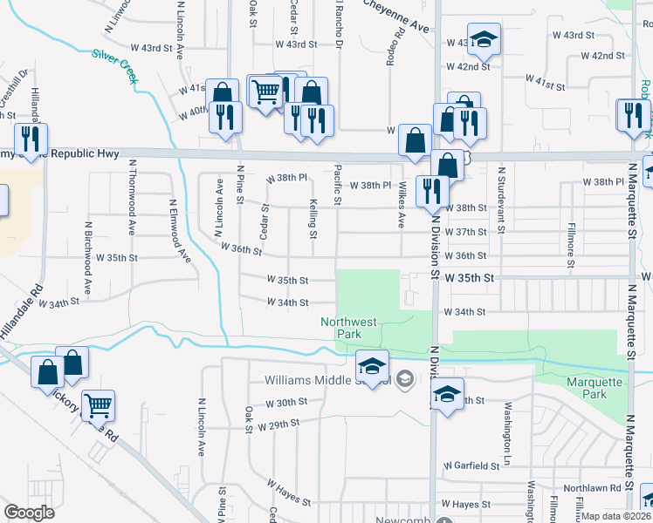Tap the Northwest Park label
(348, 328)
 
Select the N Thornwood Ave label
(132, 208)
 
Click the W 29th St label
(278, 423)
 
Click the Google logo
(29, 512)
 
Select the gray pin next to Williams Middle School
(404, 379)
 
